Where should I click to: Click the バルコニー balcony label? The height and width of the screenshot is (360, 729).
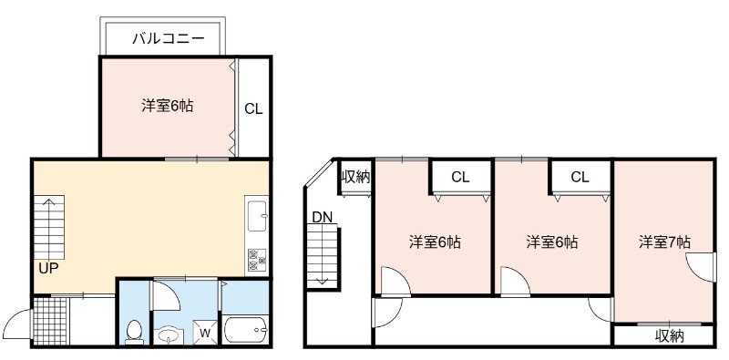pos(169,38)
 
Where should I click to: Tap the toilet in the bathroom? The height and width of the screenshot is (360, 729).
pos(134,332)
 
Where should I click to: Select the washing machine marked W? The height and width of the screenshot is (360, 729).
pos(204,332)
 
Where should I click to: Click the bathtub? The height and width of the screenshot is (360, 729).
pos(246,330)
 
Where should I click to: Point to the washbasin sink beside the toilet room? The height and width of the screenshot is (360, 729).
pos(169,335)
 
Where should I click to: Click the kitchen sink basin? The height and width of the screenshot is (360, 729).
pos(257,215)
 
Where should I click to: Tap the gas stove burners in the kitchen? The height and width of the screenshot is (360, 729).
pos(257,260)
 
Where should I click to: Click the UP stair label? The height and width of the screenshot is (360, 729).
pos(48,269)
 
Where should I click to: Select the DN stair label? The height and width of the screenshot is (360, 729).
pos(323,217)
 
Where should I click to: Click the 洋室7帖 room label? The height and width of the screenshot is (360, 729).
pos(664,242)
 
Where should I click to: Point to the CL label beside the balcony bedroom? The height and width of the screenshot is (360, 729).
pos(254,108)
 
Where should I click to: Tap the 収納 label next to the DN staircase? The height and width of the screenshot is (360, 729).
pos(355,177)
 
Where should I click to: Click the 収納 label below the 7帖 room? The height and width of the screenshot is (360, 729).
pos(670,335)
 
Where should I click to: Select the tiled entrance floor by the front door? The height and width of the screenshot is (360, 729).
pos(50,322)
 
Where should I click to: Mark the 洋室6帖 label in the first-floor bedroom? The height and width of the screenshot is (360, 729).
pos(168,107)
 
